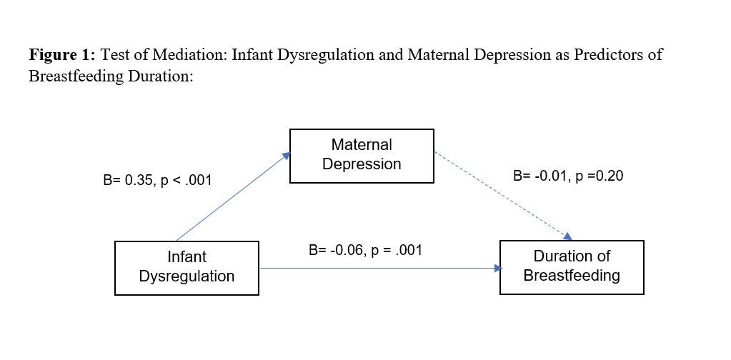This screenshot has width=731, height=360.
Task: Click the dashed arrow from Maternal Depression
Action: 503,196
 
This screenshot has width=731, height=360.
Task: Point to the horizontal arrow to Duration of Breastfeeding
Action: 381,269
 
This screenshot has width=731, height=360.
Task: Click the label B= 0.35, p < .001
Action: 157,180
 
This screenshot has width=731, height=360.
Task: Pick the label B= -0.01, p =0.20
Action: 568,176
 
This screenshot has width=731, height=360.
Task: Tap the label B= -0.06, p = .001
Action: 366,251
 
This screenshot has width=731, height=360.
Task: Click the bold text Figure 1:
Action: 62,56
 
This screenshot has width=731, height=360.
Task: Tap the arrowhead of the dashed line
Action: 568,236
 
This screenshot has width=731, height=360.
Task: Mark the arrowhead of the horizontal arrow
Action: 498,269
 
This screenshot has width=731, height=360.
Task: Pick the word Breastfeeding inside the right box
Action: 572,276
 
